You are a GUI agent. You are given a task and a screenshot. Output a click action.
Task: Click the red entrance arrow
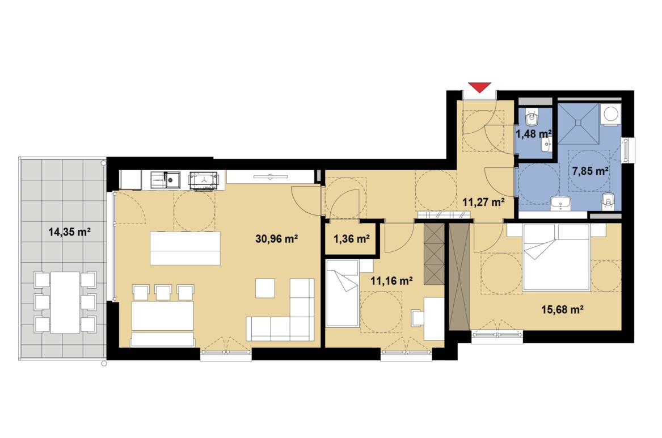coord(479,87)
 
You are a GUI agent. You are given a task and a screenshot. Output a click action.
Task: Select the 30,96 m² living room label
coord(277,239)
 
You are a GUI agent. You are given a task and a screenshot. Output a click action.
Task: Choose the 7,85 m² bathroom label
coord(591,171)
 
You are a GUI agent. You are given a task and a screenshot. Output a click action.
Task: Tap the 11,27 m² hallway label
coord(483,201)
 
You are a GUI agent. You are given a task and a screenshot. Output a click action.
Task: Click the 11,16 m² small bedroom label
coord(391,280)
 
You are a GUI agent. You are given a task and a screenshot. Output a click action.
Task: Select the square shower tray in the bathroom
coord(577,122)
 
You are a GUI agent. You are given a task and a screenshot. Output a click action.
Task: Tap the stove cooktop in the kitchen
coord(203,180)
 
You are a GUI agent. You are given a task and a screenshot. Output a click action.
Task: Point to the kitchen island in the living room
coord(185,248)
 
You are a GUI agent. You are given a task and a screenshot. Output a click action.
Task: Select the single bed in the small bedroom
coord(343,294)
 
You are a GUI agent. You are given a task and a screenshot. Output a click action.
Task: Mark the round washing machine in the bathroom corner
coord(611,114)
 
